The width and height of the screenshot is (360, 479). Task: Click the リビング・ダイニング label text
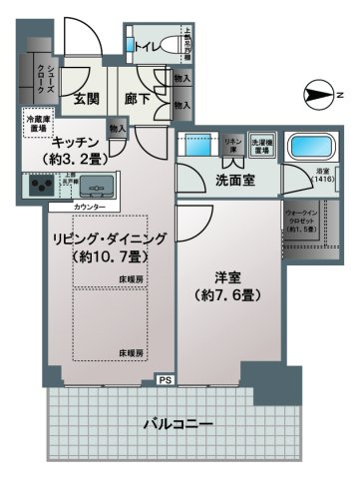pyautogui.click(x=110, y=238)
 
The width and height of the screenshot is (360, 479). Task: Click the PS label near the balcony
pyautogui.click(x=163, y=379)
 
